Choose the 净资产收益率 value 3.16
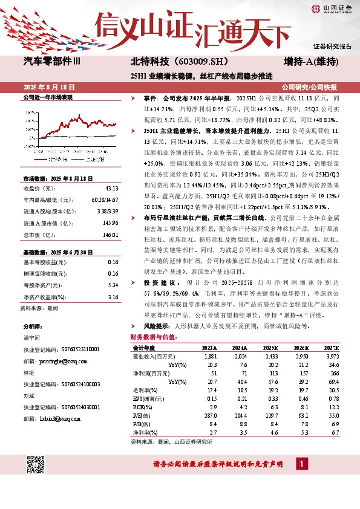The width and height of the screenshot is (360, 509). (112, 296)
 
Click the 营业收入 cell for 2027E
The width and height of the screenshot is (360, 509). (332, 356)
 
